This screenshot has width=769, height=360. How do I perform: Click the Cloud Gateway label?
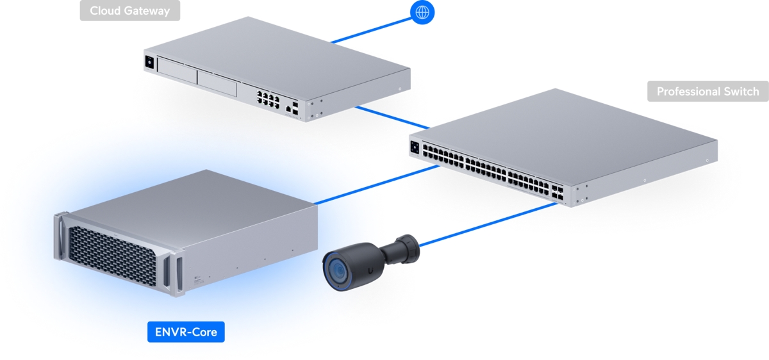click(129, 11)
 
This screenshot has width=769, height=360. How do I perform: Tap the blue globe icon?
click(422, 12)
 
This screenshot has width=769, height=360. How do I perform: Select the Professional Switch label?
click(707, 92)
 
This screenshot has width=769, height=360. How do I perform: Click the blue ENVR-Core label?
click(186, 332)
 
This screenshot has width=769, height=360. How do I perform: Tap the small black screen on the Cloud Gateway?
click(151, 62)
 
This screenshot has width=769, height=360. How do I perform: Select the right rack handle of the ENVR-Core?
click(173, 275)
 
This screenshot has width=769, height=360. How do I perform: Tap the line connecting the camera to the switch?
click(487, 224)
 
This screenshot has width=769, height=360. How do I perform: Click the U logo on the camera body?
click(371, 272)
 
